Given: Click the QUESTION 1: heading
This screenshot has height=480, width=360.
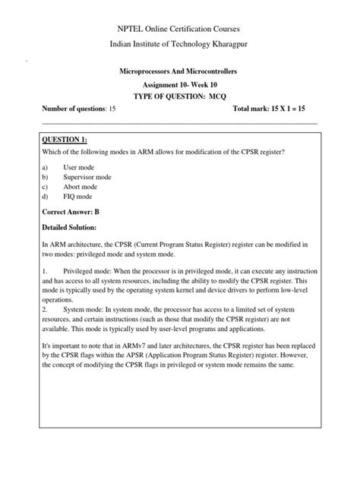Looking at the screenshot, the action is click(71, 139).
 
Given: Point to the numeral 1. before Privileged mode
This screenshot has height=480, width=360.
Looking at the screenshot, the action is click(46, 270).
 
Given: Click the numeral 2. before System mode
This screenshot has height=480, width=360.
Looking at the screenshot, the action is click(46, 309).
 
